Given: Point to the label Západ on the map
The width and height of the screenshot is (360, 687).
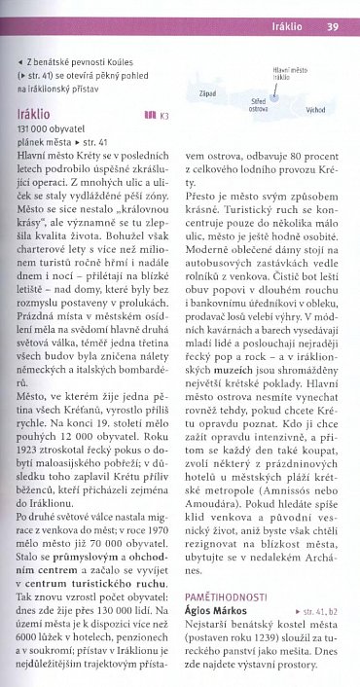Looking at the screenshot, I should pyautogui.click(x=206, y=93).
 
